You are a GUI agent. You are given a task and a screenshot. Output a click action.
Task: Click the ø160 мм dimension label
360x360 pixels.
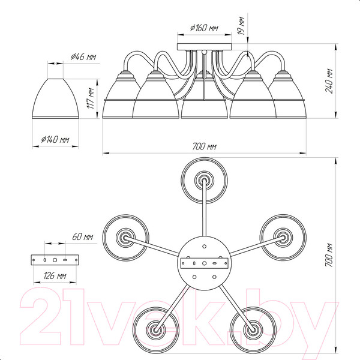click(x=204, y=28)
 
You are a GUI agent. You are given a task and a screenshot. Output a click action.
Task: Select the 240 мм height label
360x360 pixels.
click(x=329, y=80)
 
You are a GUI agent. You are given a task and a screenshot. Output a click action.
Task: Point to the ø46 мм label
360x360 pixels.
click(x=83, y=56)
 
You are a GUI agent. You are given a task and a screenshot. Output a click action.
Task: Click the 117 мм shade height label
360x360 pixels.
click(x=91, y=98)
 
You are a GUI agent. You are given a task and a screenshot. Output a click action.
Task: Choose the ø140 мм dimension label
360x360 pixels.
click(x=55, y=139)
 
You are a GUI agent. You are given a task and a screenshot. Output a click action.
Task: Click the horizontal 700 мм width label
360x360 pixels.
click(x=204, y=146)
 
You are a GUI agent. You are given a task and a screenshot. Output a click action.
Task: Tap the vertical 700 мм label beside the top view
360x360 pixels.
click(x=329, y=255)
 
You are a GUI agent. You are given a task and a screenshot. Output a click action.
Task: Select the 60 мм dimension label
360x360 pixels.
click(x=83, y=236)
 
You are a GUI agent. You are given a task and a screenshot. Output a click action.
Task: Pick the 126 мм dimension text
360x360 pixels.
click(x=55, y=275)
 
